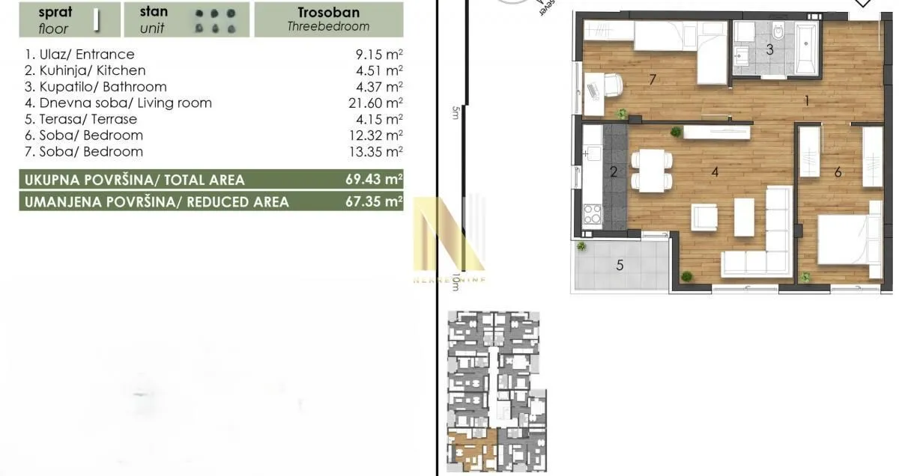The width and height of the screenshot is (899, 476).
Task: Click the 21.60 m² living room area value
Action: [378, 103]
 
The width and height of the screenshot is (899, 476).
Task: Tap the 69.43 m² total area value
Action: [378, 180]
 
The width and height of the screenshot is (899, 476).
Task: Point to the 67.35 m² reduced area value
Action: [378, 202]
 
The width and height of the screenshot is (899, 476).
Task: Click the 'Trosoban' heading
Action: [328, 13]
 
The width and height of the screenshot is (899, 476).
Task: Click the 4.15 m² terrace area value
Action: [381, 119]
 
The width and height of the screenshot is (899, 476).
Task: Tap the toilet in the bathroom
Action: [778, 34]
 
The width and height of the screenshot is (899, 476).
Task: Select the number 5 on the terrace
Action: [620, 264]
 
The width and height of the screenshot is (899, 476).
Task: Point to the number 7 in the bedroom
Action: [653, 79]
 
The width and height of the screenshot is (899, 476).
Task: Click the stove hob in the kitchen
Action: [592, 215]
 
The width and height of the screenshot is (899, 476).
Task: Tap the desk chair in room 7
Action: [611, 85]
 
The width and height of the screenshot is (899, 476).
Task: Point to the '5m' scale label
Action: [455, 113]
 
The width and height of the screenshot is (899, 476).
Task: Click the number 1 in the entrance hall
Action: [807, 100]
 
